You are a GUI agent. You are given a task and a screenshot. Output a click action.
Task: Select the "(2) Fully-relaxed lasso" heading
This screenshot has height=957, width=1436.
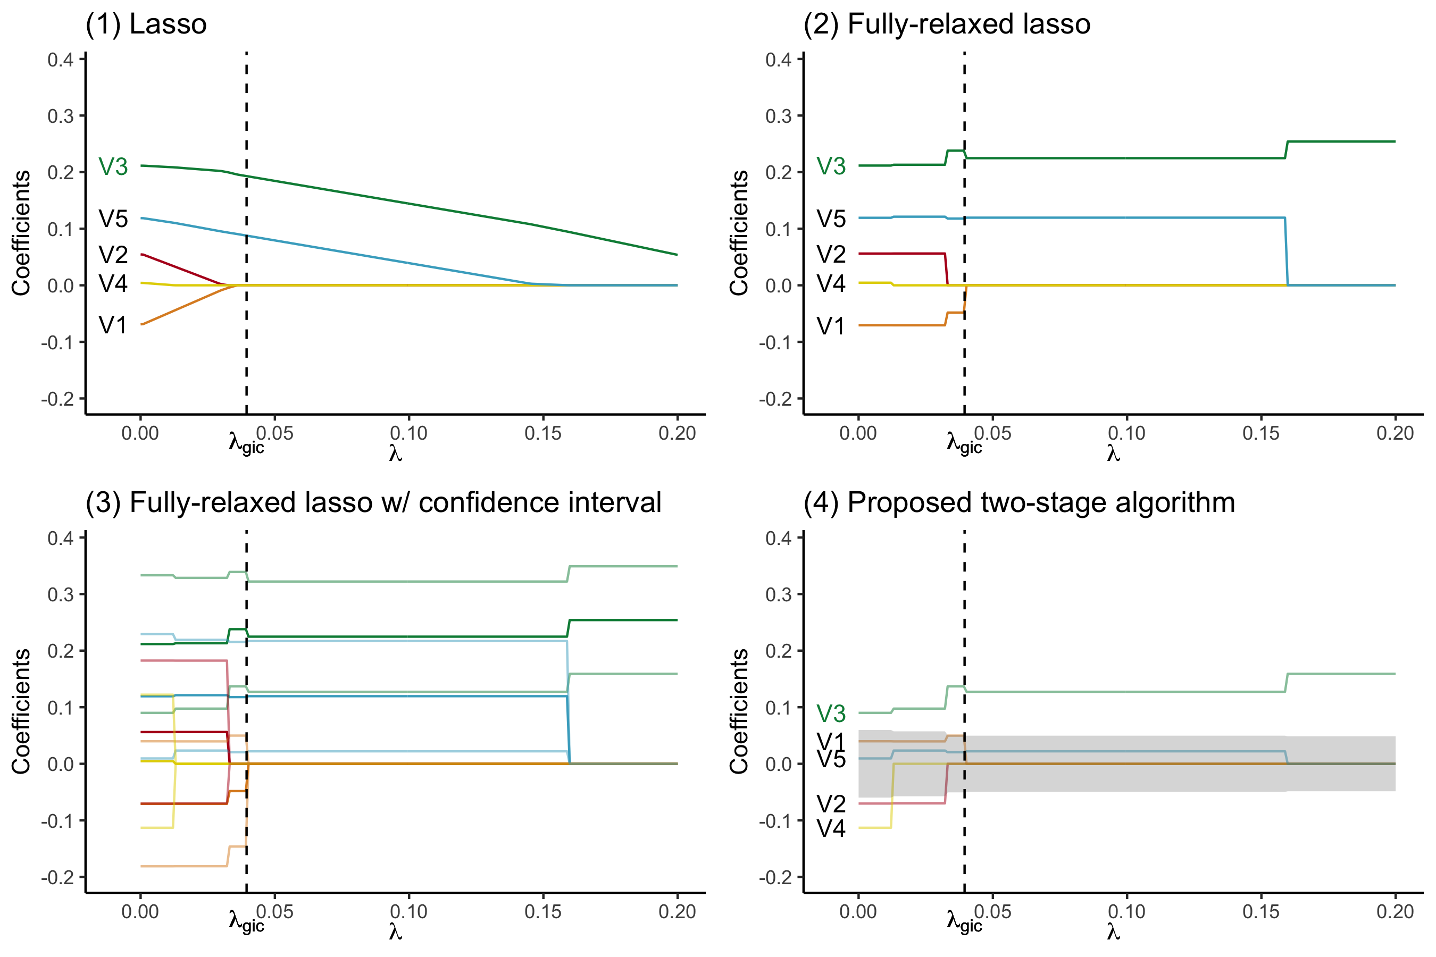pos(946,24)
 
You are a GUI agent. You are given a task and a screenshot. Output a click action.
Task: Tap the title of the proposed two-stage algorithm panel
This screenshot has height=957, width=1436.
pos(1019,503)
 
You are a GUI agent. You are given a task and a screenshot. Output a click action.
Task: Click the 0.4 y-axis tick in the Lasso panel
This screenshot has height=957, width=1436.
pos(61,60)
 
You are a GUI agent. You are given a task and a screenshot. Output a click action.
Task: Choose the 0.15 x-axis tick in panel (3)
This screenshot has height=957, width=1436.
pos(543,912)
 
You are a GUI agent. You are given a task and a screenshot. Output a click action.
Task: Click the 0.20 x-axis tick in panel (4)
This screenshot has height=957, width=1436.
pos(1395,912)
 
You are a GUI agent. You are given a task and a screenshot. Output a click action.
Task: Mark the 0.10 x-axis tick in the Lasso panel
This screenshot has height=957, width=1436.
pos(408,433)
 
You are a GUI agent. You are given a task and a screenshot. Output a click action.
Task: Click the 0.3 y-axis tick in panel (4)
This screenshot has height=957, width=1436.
pos(779,594)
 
